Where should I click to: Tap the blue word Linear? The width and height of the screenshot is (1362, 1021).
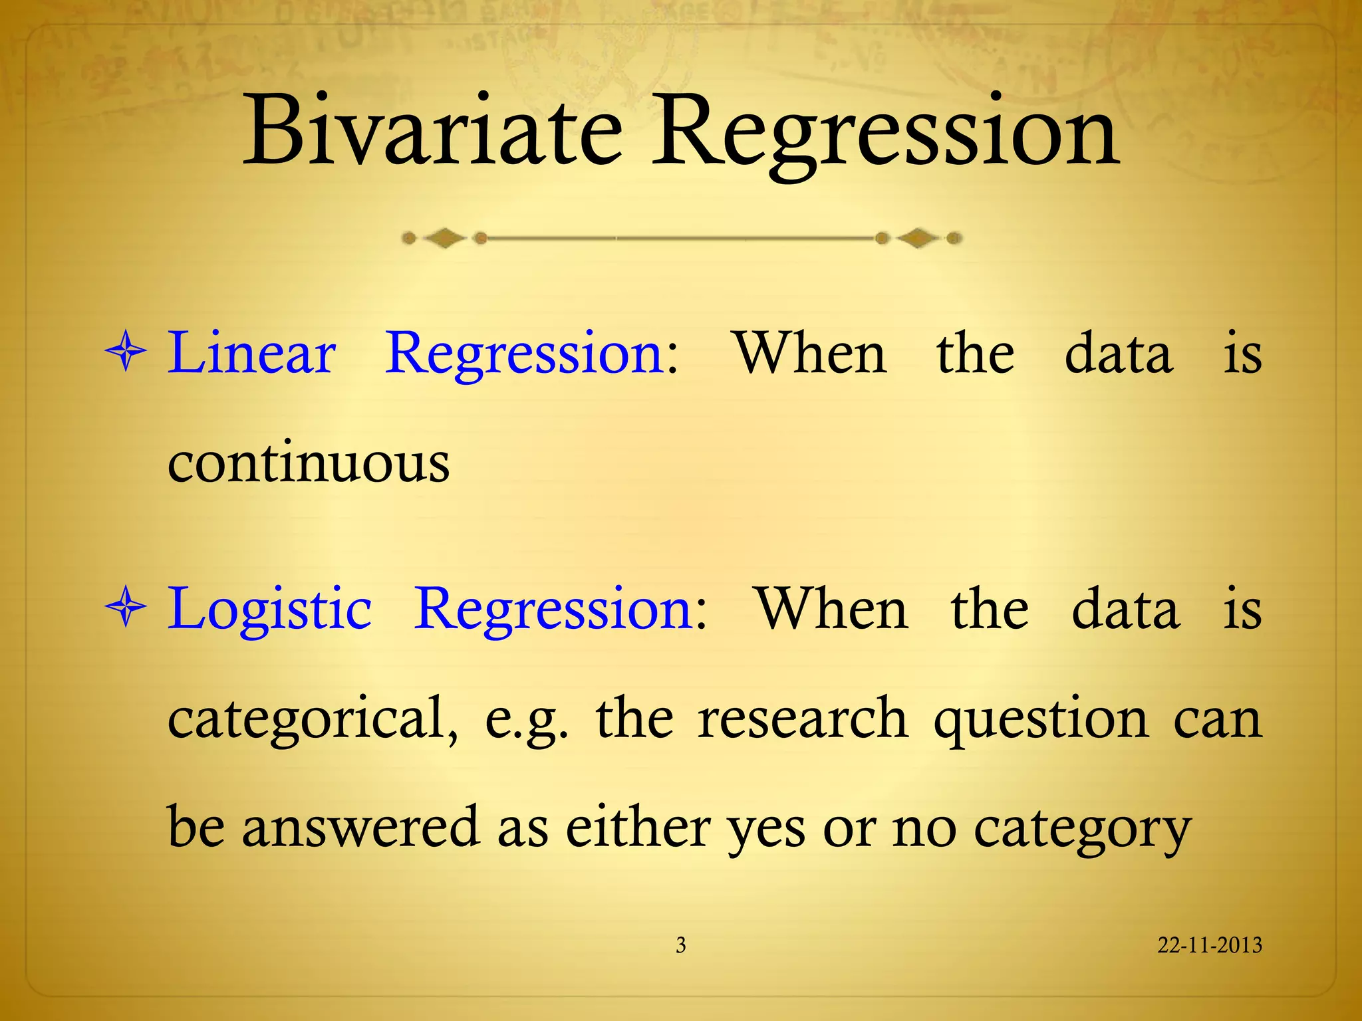pos(251,354)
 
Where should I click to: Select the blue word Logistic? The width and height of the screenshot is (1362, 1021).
pos(269,609)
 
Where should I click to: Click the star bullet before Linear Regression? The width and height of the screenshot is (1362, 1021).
pos(126,352)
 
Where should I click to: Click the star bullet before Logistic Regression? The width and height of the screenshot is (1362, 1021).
pos(126,606)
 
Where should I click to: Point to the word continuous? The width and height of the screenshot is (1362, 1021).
pos(309,463)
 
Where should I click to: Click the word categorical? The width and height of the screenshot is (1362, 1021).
pos(313,719)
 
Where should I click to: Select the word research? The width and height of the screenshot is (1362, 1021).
pos(803,719)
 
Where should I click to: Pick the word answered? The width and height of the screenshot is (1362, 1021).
pos(360,828)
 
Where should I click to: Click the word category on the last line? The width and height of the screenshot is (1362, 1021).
pos(1082,831)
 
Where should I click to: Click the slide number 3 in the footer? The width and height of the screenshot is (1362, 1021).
pos(680,945)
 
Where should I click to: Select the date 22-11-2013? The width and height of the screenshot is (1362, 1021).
pos(1209,945)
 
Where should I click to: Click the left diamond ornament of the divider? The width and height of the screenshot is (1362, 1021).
pos(444,238)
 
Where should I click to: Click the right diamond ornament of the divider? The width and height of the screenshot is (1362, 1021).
pos(918,238)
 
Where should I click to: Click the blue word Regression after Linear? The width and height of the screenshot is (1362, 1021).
pos(525,354)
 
